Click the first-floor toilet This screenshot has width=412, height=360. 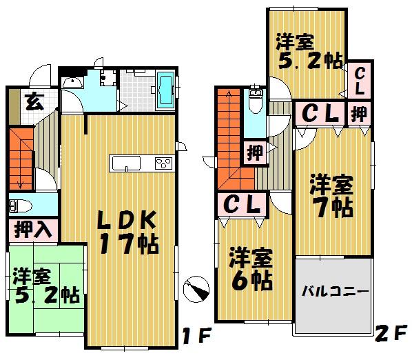tap(19, 206)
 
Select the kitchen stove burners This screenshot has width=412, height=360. tap(163, 163)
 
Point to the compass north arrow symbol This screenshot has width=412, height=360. tap(197, 288)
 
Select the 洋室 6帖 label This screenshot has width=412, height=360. tap(251, 268)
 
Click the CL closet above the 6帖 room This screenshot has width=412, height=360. tap(245, 204)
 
